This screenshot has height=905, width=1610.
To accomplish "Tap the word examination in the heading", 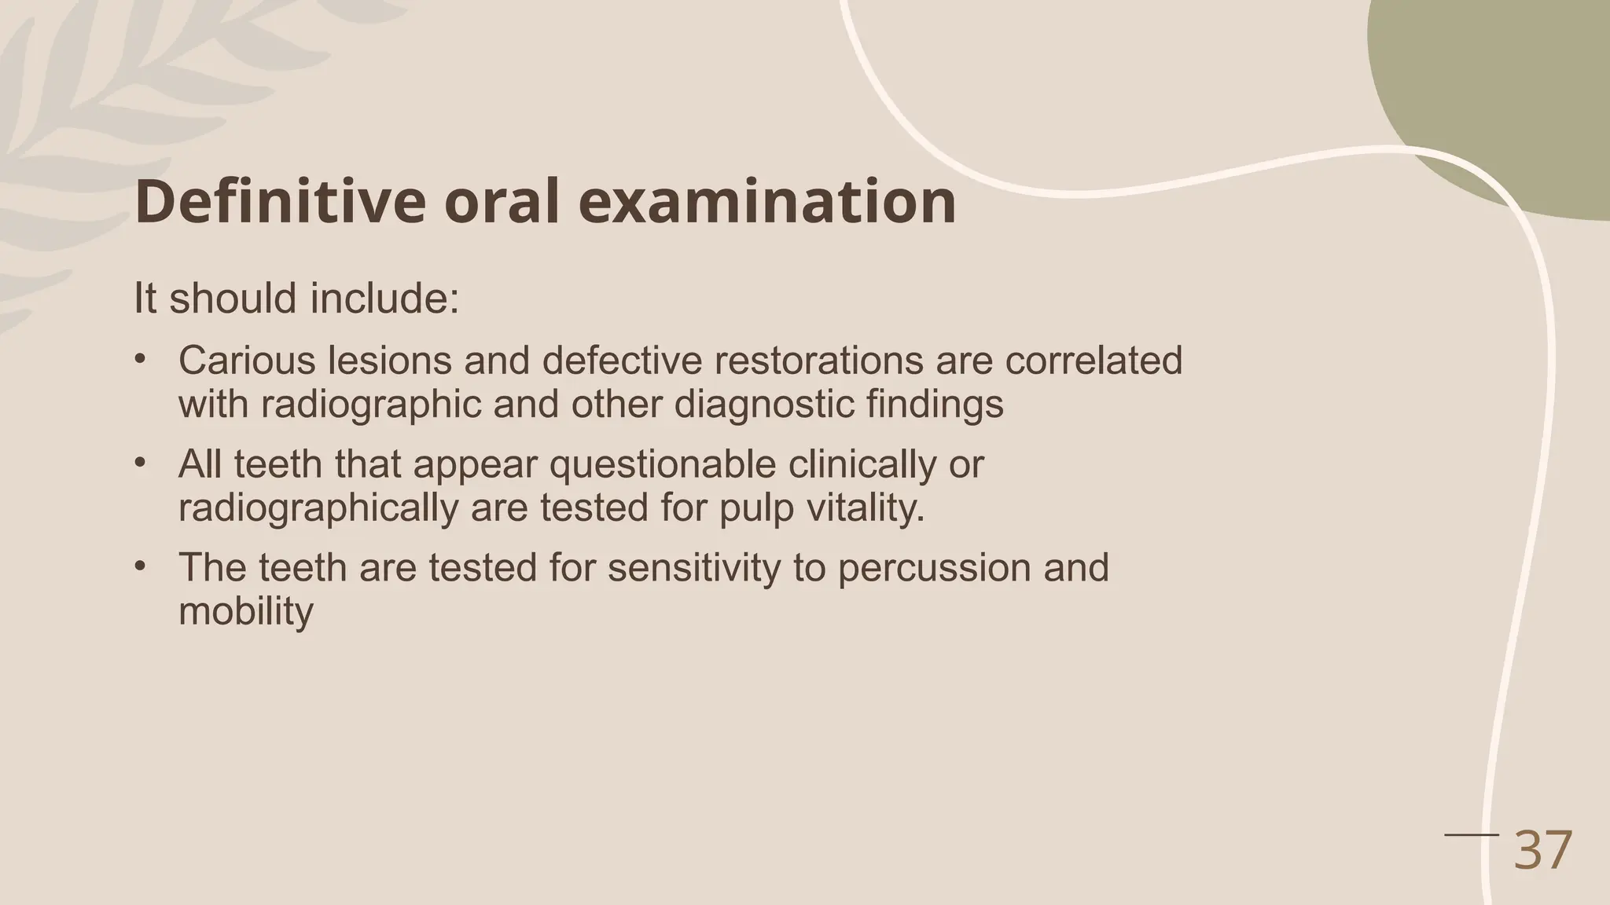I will (767, 202).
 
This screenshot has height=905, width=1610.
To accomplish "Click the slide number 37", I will (1542, 850).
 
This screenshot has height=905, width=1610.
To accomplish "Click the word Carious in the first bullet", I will (247, 361).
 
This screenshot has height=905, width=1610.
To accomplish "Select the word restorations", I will (813, 361).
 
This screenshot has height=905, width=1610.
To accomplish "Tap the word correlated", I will (1094, 361).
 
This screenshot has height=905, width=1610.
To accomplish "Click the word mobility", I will (246, 611).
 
